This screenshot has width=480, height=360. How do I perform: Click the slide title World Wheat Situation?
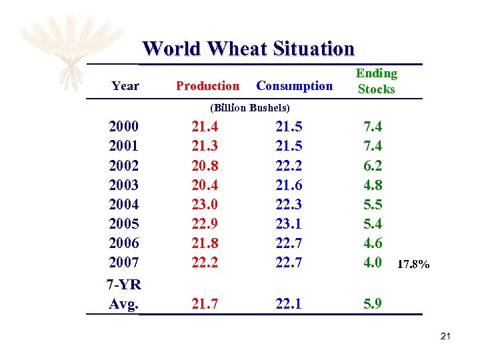coord(248,49)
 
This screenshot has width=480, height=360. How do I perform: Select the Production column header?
coord(207,85)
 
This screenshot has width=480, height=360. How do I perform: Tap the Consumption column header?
coord(294,85)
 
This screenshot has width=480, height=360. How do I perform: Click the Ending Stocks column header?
coord(376,81)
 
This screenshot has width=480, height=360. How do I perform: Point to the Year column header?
coord(125,85)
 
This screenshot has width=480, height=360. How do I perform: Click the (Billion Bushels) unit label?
coord(249,107)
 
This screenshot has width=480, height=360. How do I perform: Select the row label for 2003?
coord(124,185)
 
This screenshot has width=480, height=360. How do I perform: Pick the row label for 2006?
coord(124,243)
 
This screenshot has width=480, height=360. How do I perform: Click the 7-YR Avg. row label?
coord(124,294)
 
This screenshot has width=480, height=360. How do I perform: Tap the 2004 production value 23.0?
coord(205,204)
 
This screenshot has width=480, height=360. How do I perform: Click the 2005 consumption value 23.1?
coord(289,223)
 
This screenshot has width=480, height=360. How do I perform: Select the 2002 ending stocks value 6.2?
coord(372,165)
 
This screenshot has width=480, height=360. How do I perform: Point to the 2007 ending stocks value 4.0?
coord(372,262)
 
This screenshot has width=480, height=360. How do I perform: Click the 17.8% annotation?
coord(414,265)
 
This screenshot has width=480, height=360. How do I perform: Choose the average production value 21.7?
coord(205,304)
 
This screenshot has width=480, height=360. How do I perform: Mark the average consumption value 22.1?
coord(289,304)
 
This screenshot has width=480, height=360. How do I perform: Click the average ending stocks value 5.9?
coord(372,304)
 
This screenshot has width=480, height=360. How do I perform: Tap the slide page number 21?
coord(446,337)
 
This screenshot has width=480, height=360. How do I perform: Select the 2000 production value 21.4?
coord(205,127)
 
